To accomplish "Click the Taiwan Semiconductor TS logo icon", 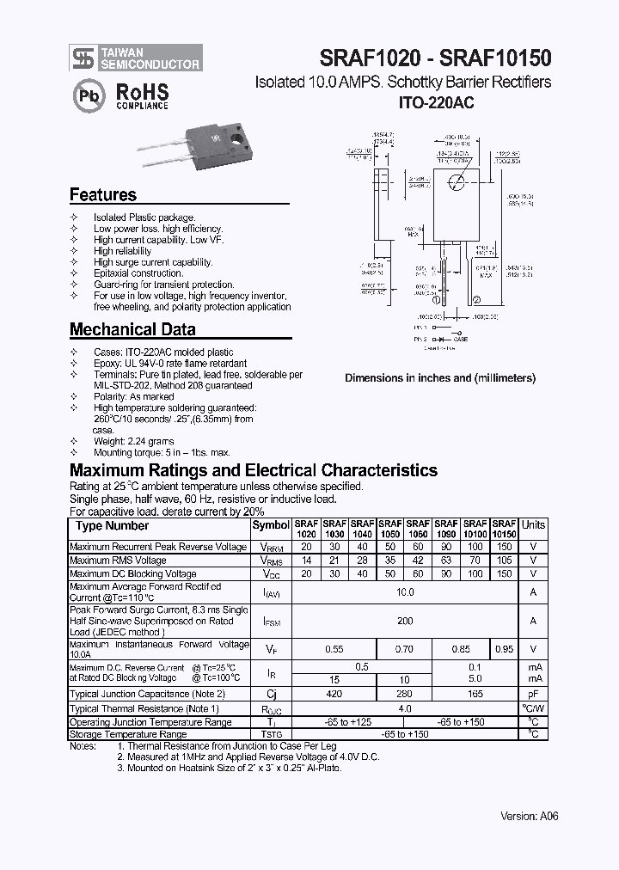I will click(x=83, y=58).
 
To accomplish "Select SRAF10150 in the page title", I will click(x=495, y=57).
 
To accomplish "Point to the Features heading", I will click(x=102, y=195).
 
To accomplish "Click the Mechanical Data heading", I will click(x=132, y=329).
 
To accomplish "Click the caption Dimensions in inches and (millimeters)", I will click(x=439, y=378).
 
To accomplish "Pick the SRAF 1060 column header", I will click(x=419, y=528).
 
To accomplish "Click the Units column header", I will click(x=533, y=524).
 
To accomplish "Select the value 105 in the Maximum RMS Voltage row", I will click(x=505, y=560).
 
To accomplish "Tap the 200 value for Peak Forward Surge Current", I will click(x=406, y=620).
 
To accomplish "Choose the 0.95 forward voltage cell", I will click(x=505, y=649).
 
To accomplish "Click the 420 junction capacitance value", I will click(x=334, y=694).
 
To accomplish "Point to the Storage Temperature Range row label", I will click(x=127, y=735).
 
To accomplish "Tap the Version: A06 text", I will click(x=529, y=816).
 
